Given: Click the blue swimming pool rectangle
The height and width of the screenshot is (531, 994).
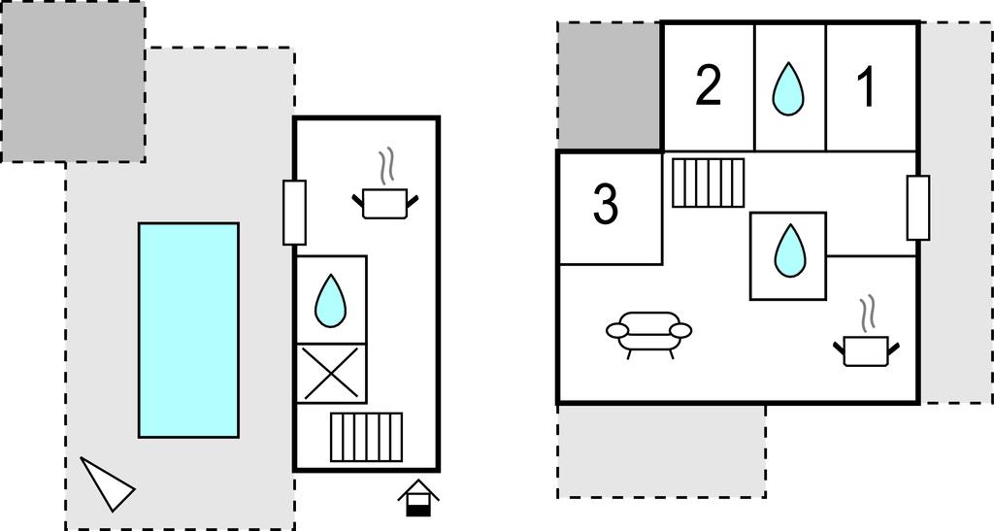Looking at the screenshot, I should pos(188,330).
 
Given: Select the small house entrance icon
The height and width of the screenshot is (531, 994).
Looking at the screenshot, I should pos(418,497).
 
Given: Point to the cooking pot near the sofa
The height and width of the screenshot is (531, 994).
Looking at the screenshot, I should pos(866,349).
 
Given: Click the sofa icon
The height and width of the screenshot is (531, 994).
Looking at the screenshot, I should pos(648,332).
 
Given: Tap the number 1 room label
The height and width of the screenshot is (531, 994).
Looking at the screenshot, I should pos(866,88).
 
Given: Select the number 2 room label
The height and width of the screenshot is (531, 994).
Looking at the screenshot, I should pos(709,87).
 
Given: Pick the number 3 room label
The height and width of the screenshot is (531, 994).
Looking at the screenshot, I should pos(606,206).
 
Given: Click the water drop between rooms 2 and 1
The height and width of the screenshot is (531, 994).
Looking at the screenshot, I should pos(789,89).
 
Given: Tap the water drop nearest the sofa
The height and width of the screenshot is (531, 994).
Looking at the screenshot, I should pos(787,250).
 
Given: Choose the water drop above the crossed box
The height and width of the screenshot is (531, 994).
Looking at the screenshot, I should pos(331,301).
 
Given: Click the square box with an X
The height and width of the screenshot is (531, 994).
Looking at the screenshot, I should pos(331,373).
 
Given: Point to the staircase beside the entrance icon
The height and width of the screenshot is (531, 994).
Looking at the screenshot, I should pos(366,437).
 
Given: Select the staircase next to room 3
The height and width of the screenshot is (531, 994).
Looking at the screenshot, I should pos(709,183).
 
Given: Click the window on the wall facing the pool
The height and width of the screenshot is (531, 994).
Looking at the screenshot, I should pos(294,212).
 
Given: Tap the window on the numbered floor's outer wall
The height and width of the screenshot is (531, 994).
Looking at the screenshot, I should pos(917,207).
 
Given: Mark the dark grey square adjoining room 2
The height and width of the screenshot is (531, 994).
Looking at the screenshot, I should pos(609,86).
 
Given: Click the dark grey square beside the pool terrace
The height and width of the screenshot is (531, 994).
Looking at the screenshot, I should pos(73,82).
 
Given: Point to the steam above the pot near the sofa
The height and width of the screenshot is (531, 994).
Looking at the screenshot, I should pos(867,314).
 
